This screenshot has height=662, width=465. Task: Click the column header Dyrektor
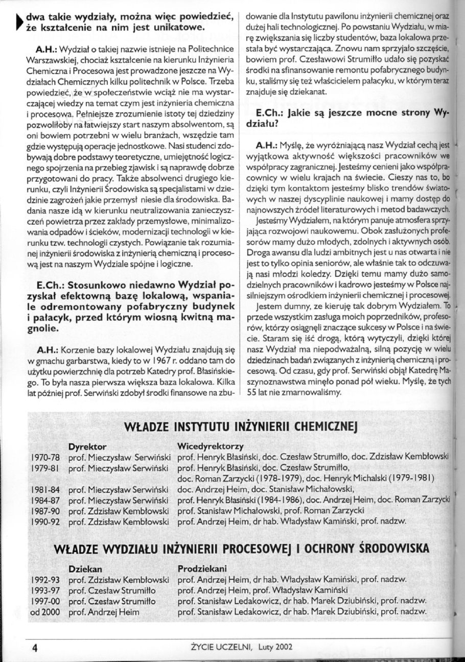(x=87, y=446)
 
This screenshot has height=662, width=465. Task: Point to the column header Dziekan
(x=85, y=568)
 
